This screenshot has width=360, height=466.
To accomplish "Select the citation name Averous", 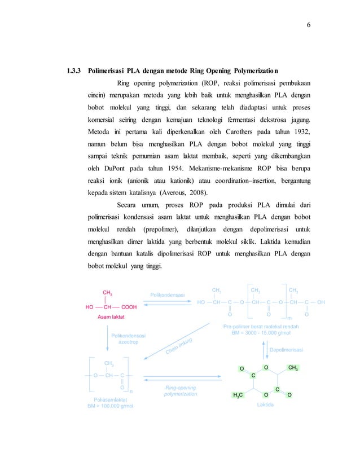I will (x=193, y=192).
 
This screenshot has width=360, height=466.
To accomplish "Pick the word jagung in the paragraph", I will (x=300, y=120).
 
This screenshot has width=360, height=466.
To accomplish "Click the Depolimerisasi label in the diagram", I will (x=286, y=350).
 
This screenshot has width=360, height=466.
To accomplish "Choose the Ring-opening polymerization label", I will (x=181, y=390).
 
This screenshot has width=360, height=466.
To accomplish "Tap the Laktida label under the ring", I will (x=265, y=405).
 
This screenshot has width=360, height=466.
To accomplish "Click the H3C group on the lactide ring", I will (x=238, y=395).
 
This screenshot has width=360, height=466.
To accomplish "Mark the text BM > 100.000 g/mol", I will (x=110, y=406).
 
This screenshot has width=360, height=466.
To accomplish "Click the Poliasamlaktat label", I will (x=111, y=399).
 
